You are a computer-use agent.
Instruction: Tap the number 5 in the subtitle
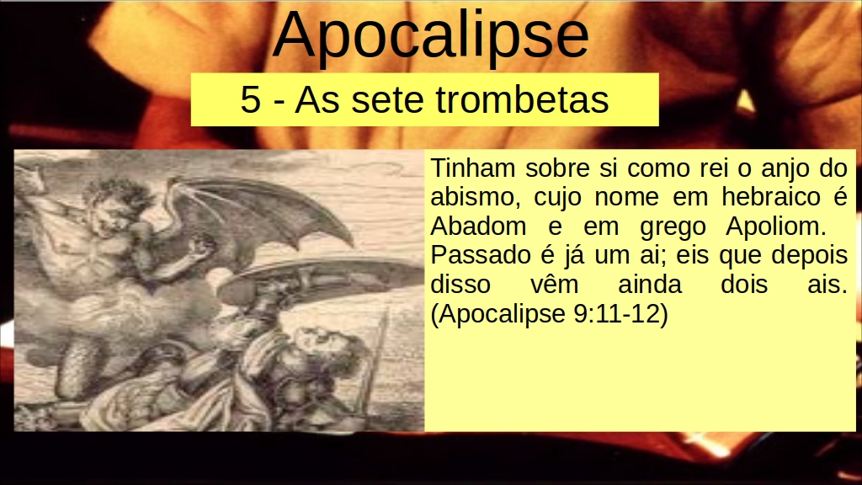(x=250, y=100)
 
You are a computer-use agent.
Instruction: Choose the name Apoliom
(x=775, y=226)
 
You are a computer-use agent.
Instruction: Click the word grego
(x=673, y=227)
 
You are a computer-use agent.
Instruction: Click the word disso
(x=460, y=285)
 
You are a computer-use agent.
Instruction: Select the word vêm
(x=554, y=285)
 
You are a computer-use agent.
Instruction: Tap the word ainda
(x=650, y=285)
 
